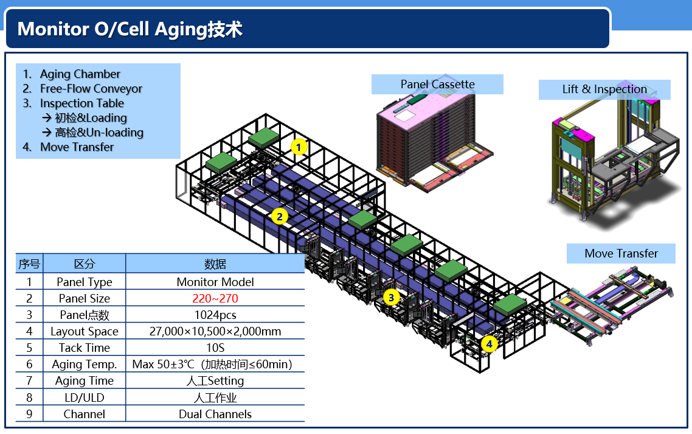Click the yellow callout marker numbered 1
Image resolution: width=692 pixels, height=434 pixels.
pos(299,147)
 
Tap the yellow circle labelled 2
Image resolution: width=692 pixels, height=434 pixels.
pos(279,216)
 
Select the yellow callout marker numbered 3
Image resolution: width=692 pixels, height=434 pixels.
pos(391,298)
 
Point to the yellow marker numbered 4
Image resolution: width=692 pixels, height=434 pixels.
pos(489,345)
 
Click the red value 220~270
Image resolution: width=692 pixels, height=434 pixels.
pos(215,298)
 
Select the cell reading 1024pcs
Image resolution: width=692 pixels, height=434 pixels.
pos(215,315)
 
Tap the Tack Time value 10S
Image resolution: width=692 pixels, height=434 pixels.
pos(215,348)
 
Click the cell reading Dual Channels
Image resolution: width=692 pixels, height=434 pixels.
pos(215,414)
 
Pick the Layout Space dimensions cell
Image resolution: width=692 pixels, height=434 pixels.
pos(215,331)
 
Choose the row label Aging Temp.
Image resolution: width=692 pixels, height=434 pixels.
pos(85,364)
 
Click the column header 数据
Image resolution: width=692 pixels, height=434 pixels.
pos(215,264)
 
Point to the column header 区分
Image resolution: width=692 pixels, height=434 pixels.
pos(85,264)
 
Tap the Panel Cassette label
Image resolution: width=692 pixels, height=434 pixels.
pos(437,85)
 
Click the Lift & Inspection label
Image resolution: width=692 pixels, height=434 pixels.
pos(604,89)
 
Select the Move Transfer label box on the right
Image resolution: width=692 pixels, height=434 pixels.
pos(621,253)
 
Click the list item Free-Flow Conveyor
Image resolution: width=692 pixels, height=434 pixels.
pos(91,89)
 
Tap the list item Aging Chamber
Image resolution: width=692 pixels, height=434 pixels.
pos(80,74)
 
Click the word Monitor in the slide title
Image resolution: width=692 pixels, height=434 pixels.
pos(50,29)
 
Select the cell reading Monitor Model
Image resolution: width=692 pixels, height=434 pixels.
pos(215,282)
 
